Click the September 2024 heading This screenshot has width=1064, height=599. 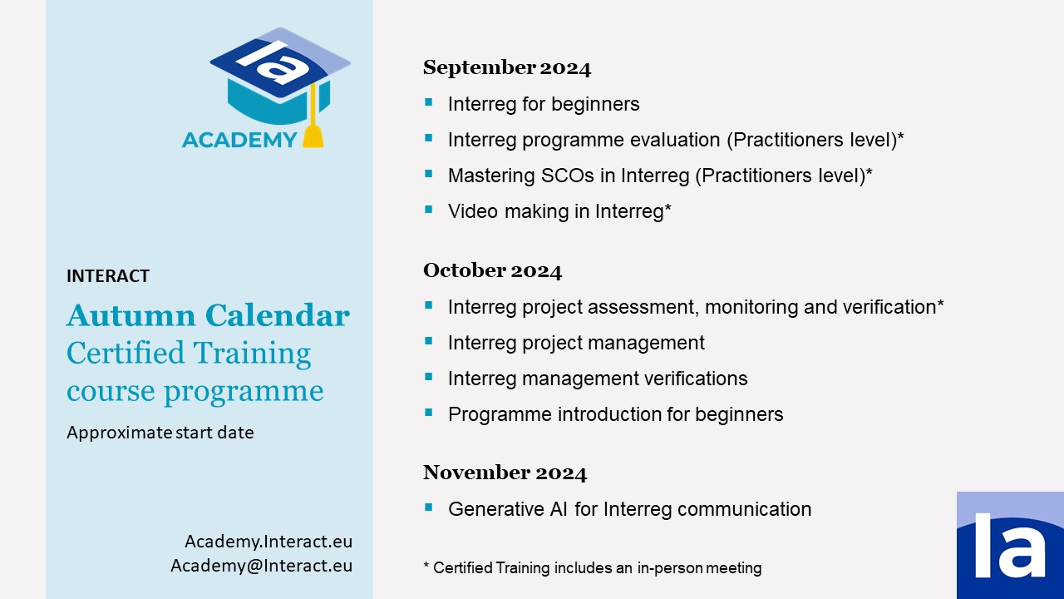coord(507,67)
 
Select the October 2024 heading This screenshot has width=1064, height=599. coord(493,270)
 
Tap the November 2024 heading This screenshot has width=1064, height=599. coord(505,473)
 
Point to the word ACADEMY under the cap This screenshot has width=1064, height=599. coord(239,140)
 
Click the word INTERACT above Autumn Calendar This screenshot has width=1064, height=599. coord(108,276)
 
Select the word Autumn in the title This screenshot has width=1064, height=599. coord(131,315)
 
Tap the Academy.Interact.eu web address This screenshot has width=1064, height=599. coord(268,542)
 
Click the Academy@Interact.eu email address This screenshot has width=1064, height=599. coord(261,566)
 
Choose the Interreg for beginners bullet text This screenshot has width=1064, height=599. coord(544,104)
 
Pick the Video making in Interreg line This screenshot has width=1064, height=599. coord(559,211)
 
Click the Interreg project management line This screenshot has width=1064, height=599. coord(576,343)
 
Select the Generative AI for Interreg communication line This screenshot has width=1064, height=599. coord(629,509)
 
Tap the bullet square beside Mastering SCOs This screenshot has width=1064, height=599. coord(429,174)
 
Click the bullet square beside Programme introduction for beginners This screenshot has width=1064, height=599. coord(429,413)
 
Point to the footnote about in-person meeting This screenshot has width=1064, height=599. coord(593,568)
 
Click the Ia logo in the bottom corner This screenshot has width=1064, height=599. coord(1010,545)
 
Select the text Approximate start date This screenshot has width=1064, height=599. coord(160,433)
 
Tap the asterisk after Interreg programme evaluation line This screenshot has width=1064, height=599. coord(900,136)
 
